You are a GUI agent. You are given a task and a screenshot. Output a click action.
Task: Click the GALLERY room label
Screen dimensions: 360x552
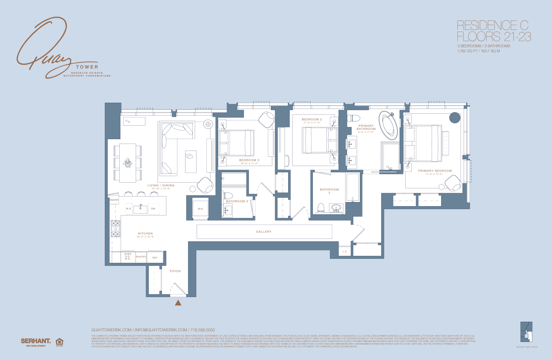(263, 232)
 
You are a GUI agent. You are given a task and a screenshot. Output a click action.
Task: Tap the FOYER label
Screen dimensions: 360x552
(175, 271)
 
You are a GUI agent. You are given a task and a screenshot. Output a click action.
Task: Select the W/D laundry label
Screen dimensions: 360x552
(200, 209)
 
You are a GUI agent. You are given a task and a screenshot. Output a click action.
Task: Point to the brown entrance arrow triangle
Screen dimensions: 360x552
(178, 303)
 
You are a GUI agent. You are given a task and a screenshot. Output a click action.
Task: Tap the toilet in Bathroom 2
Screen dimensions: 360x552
(320, 208)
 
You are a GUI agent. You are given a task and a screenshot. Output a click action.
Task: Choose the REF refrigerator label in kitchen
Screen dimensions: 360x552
(155, 258)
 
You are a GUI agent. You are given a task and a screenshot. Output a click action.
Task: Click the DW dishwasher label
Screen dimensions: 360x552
(153, 209)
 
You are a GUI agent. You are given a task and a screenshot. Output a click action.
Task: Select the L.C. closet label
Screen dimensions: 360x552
(345, 252)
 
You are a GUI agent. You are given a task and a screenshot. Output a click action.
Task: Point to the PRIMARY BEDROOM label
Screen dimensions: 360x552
(435, 171)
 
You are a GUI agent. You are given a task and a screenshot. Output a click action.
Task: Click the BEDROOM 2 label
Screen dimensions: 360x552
(312, 120)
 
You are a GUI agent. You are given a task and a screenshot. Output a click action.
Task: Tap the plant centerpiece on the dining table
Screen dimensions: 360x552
(127, 163)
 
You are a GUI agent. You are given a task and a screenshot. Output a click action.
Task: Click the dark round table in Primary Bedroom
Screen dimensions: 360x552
(455, 118)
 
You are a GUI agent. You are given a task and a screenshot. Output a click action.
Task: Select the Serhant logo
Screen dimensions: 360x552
(36, 342)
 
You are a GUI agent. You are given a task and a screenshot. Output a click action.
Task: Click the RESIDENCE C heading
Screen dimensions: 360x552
(492, 25)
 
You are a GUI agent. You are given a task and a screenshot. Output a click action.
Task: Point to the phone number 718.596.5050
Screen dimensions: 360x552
(202, 330)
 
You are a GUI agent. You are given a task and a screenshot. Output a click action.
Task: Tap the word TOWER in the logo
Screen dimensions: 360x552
(87, 67)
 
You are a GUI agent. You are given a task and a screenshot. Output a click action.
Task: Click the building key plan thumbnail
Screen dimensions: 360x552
(527, 332)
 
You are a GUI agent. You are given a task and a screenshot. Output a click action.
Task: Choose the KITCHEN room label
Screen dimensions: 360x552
(145, 233)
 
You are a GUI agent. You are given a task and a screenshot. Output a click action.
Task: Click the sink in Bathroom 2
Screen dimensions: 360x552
(336, 208)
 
